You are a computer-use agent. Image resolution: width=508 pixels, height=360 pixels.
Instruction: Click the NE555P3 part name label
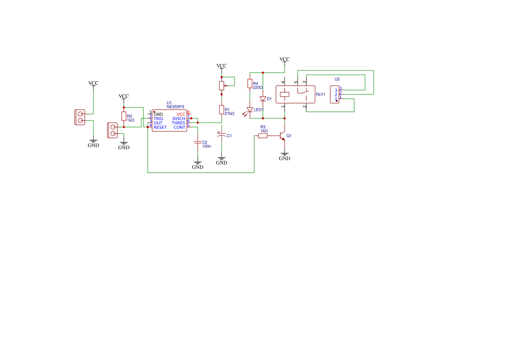[175, 107]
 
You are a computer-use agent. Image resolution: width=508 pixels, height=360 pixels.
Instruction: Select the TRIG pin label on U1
[159, 119]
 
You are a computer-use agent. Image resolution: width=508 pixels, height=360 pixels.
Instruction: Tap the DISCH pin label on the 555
[179, 119]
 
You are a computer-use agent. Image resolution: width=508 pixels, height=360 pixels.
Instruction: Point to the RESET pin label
[160, 127]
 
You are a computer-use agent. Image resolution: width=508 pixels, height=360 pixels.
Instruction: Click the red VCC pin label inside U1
[181, 114]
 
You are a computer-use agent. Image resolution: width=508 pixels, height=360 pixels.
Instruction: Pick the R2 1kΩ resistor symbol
[124, 117]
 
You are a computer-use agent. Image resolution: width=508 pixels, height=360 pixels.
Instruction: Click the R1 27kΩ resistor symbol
[222, 110]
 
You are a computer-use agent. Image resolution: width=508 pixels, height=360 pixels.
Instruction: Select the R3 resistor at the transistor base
[263, 136]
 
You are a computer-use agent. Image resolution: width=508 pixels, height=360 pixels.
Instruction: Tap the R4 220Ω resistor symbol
[250, 83]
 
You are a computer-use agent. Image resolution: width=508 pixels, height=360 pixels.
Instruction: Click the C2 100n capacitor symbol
[197, 142]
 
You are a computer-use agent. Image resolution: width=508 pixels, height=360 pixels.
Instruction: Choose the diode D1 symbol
[263, 99]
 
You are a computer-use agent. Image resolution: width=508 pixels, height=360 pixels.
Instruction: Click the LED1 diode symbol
[249, 110]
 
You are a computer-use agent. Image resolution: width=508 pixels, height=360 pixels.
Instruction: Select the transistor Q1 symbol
[282, 136]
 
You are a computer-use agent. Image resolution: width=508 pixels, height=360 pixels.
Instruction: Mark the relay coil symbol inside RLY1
[285, 95]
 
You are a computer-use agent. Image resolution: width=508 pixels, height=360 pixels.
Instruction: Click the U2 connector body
[335, 95]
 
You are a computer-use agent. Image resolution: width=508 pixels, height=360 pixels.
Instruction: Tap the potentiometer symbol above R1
[222, 86]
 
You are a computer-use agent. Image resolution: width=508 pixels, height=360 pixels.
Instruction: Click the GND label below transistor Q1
[285, 158]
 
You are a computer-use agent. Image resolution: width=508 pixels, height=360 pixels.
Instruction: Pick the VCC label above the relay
[285, 59]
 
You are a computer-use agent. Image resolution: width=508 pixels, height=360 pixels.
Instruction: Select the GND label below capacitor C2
[198, 167]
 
